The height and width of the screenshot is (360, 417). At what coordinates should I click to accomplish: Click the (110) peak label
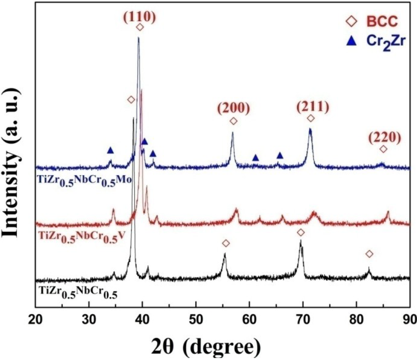(x=140, y=17)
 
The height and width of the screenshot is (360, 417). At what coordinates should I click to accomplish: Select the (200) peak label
(x=233, y=108)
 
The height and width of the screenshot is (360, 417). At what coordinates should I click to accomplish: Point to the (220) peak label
(x=382, y=138)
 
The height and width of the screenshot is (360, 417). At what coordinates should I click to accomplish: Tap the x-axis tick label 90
(x=409, y=318)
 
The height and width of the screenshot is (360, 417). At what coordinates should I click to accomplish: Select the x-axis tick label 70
(x=303, y=318)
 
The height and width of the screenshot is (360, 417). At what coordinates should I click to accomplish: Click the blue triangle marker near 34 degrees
(x=110, y=151)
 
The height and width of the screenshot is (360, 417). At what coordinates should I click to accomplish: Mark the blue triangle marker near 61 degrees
(x=255, y=158)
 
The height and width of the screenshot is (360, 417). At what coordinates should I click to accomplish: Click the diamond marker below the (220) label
(x=383, y=149)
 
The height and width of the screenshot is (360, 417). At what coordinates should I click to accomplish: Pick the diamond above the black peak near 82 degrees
(x=369, y=254)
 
